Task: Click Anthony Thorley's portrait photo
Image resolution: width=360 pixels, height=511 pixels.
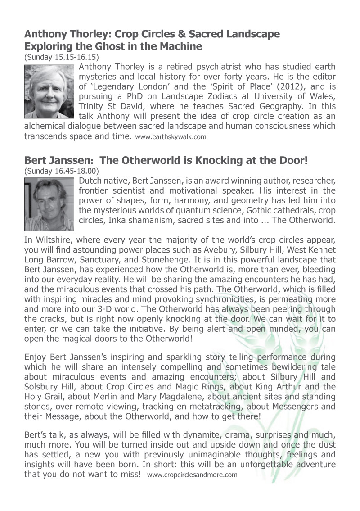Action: coord(49,91)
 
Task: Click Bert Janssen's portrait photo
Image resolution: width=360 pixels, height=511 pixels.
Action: coord(49,204)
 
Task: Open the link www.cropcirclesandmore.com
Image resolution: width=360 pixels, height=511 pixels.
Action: coord(192,475)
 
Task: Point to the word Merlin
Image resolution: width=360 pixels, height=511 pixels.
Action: coord(120,397)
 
